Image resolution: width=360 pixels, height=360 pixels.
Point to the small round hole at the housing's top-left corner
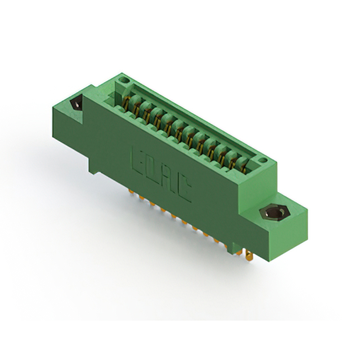coord(125,80)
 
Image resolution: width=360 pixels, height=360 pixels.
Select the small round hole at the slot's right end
coord(263,160)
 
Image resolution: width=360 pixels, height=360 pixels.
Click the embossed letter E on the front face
coord(138,161)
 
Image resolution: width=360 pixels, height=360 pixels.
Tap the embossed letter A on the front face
coord(169,179)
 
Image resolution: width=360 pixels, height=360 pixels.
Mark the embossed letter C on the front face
coord(184,189)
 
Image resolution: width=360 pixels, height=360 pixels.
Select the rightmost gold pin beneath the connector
coord(249,255)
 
